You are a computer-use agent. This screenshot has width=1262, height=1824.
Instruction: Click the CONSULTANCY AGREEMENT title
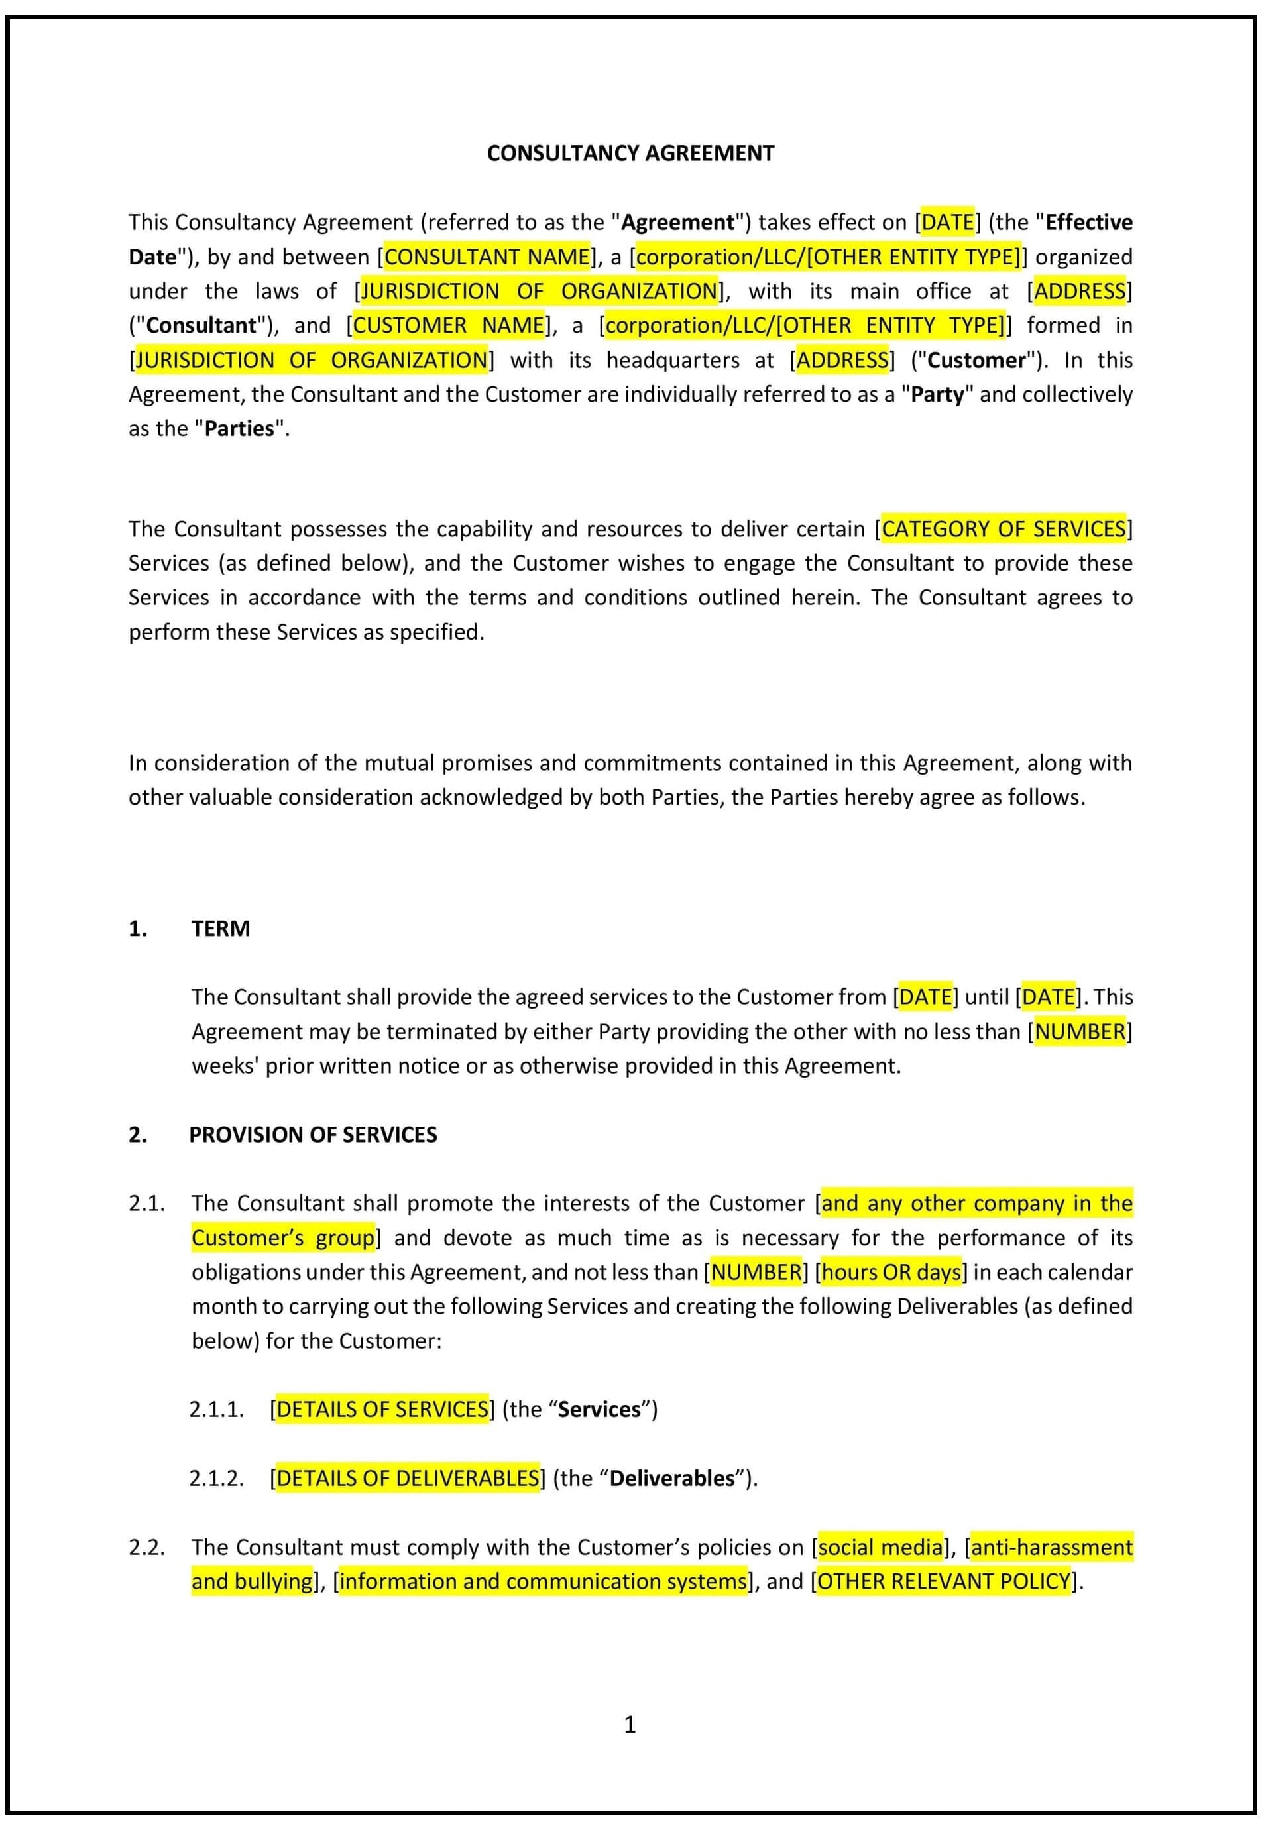coord(630,153)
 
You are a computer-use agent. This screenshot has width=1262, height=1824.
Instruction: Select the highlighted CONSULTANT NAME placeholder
coord(487,257)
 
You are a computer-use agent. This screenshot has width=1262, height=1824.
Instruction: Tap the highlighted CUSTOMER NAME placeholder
coord(448,325)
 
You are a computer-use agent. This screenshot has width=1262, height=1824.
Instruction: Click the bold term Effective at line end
coord(1088,222)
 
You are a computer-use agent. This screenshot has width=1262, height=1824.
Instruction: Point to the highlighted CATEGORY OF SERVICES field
coord(1004,529)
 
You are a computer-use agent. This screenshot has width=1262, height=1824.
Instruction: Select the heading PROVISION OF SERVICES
coord(312,1135)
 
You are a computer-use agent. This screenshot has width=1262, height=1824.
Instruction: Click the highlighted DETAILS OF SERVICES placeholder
coord(382,1410)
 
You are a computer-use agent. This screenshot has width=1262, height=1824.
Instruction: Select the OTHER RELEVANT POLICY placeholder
coord(944,1581)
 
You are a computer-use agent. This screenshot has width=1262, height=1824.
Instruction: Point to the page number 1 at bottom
coord(630,1725)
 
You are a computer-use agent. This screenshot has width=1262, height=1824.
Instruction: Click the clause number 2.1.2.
coord(216,1479)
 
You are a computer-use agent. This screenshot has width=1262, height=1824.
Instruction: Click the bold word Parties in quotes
coord(239,429)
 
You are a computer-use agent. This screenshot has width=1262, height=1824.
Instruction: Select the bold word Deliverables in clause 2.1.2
coord(672,1479)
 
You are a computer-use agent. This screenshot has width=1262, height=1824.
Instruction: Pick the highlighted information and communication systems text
coord(542,1581)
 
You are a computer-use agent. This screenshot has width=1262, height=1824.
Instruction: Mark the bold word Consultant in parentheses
coord(201,325)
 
